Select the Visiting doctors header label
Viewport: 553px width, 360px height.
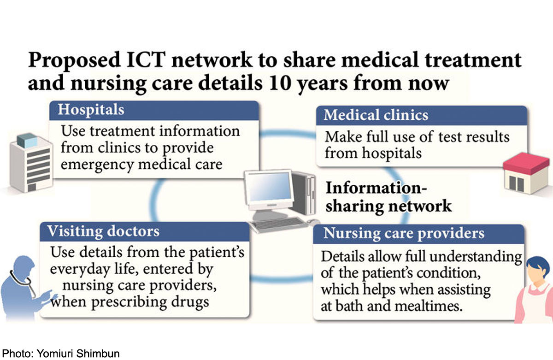103,230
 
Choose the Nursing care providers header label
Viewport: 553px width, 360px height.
404,233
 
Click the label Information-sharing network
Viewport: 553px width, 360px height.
388,197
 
